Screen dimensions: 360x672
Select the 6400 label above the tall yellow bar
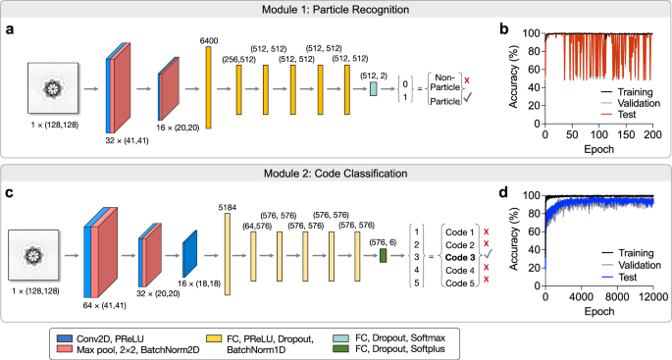(x=208, y=39)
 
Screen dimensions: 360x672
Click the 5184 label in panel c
(x=233, y=207)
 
